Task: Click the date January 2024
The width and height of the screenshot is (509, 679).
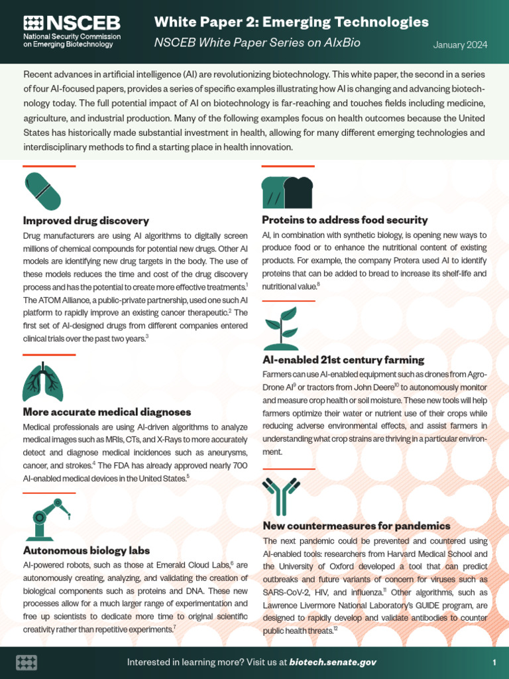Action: point(460,45)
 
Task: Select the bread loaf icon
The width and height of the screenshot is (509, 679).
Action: point(287,192)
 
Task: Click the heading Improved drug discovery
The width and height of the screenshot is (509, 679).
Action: point(86,220)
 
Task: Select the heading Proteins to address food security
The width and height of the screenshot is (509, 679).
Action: point(345,219)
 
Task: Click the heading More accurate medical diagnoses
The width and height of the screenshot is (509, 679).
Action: point(107,412)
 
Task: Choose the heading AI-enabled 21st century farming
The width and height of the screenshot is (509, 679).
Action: point(343,359)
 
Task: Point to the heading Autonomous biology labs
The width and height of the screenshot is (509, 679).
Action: point(87,550)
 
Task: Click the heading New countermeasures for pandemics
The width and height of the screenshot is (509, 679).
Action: point(357,526)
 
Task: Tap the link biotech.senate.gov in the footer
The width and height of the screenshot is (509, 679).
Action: point(333,662)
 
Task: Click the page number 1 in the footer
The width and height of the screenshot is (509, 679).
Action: point(494,662)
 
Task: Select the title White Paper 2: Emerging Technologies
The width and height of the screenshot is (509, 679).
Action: point(291,22)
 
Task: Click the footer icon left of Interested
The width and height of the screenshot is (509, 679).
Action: point(27,662)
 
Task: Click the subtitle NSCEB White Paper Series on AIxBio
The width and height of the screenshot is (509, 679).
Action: point(257,42)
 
